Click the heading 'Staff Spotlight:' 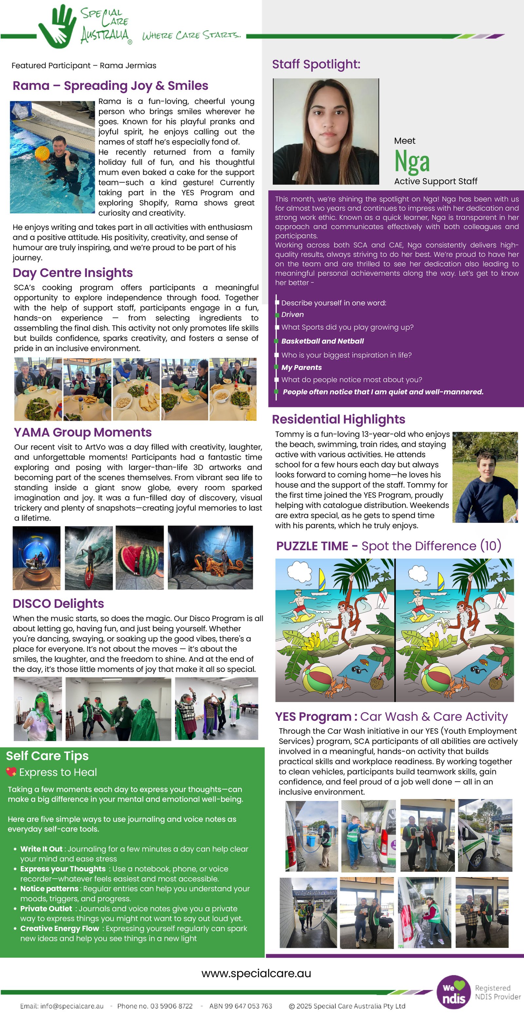pos(316,64)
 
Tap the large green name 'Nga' pos(412,161)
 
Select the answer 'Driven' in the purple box pos(292,315)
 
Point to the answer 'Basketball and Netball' pos(322,341)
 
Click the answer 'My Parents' pos(301,367)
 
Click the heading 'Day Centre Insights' pos(73,273)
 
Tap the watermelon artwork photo pos(140,557)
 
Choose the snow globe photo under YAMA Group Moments pos(36,557)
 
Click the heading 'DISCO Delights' pos(58,603)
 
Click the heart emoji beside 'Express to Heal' pos(11,772)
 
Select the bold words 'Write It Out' pos(41,849)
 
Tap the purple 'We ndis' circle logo pos(454,993)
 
